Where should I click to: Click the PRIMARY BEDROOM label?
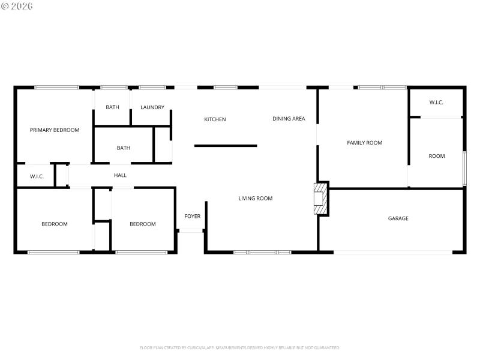pos(55,130)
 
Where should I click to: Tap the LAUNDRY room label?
pos(152,107)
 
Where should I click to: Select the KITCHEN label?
pos(215,119)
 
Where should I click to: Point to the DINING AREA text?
pos(289,119)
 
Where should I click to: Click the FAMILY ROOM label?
pos(364,143)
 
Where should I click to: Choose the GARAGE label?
pos(398,218)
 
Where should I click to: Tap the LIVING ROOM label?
pos(255,198)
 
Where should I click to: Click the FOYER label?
pos(192,216)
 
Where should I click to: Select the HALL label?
pos(120,175)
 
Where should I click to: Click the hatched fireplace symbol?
pos(321,198)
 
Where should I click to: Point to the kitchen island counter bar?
pos(226,145)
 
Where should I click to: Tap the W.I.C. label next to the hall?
pos(29,176)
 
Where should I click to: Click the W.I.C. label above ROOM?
pos(436,103)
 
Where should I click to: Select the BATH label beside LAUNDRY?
pos(112,107)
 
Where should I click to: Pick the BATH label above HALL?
pos(123,148)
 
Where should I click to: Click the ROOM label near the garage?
pos(436,156)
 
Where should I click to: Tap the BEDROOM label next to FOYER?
pos(142,224)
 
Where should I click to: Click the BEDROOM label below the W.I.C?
pos(54,224)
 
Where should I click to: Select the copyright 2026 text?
pos(17,6)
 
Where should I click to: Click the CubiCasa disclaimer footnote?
pos(239,347)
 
